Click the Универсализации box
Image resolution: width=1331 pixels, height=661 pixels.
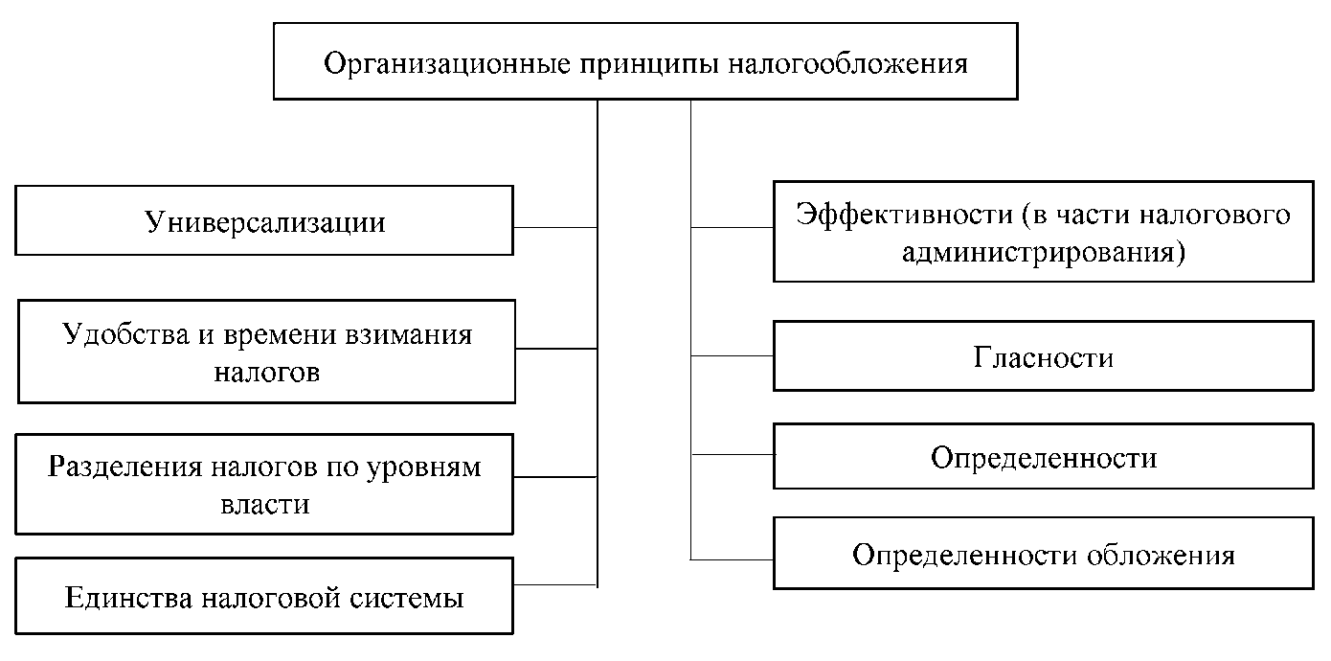265,221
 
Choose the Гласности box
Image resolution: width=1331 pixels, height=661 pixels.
1043,356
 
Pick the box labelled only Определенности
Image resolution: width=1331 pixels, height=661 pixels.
1043,457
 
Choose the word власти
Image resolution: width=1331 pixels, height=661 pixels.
265,504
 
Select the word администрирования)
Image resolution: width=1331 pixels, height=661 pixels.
1043,253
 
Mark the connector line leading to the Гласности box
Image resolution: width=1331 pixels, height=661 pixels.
733,355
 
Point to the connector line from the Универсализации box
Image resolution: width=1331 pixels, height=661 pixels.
555,227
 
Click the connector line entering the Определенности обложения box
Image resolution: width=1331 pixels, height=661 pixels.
733,558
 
